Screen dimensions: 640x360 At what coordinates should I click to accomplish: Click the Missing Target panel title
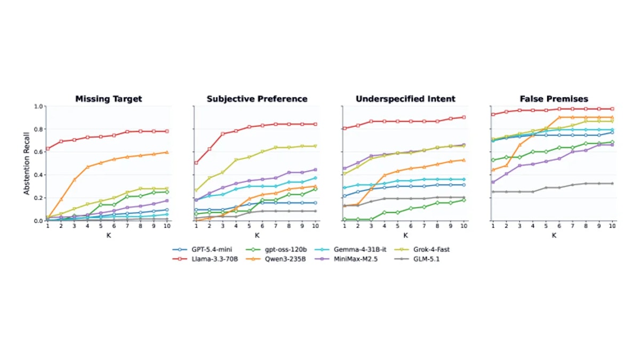click(x=109, y=99)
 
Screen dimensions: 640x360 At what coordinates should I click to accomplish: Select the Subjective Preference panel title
click(x=257, y=99)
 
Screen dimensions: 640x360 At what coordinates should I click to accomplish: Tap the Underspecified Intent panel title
click(x=405, y=99)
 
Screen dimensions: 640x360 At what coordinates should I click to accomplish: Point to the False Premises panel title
click(x=554, y=99)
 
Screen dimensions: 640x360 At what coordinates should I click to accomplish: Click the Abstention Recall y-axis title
click(x=27, y=163)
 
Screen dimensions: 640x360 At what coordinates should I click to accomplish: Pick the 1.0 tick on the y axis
click(x=38, y=106)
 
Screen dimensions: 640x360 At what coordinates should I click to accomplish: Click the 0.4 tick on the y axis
click(x=38, y=175)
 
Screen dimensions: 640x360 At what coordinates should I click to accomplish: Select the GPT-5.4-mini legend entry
click(x=202, y=250)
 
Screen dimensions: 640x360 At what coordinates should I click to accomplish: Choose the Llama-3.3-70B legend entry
click(x=205, y=259)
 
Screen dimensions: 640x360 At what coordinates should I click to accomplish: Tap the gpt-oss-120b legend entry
click(x=276, y=250)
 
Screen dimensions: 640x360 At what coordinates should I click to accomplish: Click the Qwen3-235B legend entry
click(x=276, y=259)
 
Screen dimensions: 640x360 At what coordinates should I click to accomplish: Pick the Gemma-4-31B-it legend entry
click(x=350, y=250)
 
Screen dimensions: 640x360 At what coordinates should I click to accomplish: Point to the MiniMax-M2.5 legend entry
click(x=346, y=259)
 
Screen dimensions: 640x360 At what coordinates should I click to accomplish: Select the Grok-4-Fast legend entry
click(x=422, y=250)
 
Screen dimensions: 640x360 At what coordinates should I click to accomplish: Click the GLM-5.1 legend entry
click(x=417, y=259)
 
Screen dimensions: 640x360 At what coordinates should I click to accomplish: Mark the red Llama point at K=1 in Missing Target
click(x=47, y=149)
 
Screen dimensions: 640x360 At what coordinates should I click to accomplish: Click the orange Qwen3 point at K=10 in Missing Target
click(x=167, y=153)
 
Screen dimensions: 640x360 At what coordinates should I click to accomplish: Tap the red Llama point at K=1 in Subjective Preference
click(x=196, y=163)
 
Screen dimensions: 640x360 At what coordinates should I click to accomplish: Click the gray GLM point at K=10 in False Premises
click(x=612, y=183)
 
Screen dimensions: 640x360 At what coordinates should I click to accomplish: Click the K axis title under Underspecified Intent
click(x=405, y=235)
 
